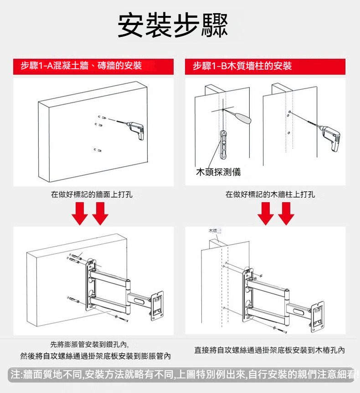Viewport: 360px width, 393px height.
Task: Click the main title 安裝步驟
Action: [x=172, y=26]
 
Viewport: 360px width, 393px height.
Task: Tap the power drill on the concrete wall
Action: [x=136, y=129]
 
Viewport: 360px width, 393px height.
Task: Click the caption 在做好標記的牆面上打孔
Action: [x=92, y=194]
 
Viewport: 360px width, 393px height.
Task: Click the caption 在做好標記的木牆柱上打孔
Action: [x=270, y=194]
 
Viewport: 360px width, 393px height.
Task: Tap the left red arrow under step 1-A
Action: [x=81, y=213]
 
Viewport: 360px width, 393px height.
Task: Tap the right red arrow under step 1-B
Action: [x=286, y=213]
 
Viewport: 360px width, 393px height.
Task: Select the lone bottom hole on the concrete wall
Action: [x=97, y=150]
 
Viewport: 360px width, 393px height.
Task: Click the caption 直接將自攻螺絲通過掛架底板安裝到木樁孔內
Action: [x=269, y=350]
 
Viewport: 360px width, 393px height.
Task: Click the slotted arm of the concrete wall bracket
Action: [x=139, y=300]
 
